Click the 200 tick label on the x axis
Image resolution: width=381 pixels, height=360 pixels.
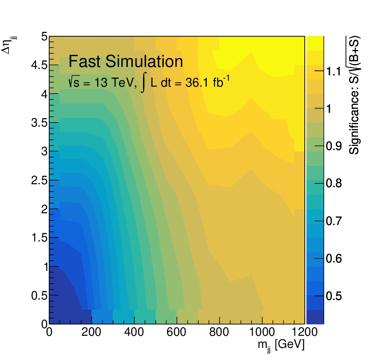tap(91, 332)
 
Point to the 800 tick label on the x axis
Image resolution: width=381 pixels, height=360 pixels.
tap(219, 332)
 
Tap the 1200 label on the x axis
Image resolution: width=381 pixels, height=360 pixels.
tap(304, 332)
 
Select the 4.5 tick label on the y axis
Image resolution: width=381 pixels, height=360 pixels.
tap(40, 65)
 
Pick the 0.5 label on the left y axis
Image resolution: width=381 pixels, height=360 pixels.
tap(40, 295)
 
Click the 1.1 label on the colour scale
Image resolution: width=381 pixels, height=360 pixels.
tap(333, 71)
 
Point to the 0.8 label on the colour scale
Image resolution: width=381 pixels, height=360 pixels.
tap(334, 183)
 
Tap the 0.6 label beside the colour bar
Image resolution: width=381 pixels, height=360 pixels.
tap(334, 258)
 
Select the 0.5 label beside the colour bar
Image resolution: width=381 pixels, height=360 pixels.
tap(334, 296)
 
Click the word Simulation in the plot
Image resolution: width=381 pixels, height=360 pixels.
tap(144, 61)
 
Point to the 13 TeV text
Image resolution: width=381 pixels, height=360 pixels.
tap(114, 83)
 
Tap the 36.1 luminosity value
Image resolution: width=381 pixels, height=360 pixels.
tap(197, 83)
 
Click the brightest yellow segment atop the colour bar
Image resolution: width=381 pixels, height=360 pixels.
tap(315, 43)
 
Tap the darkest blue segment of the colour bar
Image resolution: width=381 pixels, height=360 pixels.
tap(315, 317)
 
